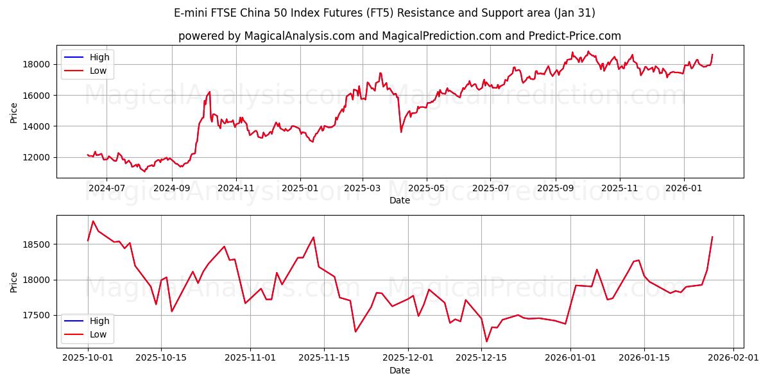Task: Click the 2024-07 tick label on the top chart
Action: (107, 188)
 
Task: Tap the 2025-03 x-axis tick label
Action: (363, 188)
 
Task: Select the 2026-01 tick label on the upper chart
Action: (683, 188)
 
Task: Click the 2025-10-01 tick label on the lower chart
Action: (88, 357)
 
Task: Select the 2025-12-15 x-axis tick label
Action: (481, 357)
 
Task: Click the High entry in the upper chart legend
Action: (99, 57)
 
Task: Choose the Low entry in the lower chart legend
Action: (98, 335)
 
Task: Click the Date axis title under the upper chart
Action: (400, 200)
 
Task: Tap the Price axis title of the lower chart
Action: (14, 282)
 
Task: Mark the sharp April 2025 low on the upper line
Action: (401, 132)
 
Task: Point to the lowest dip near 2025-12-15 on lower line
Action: (486, 341)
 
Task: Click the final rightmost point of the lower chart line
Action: (712, 237)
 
